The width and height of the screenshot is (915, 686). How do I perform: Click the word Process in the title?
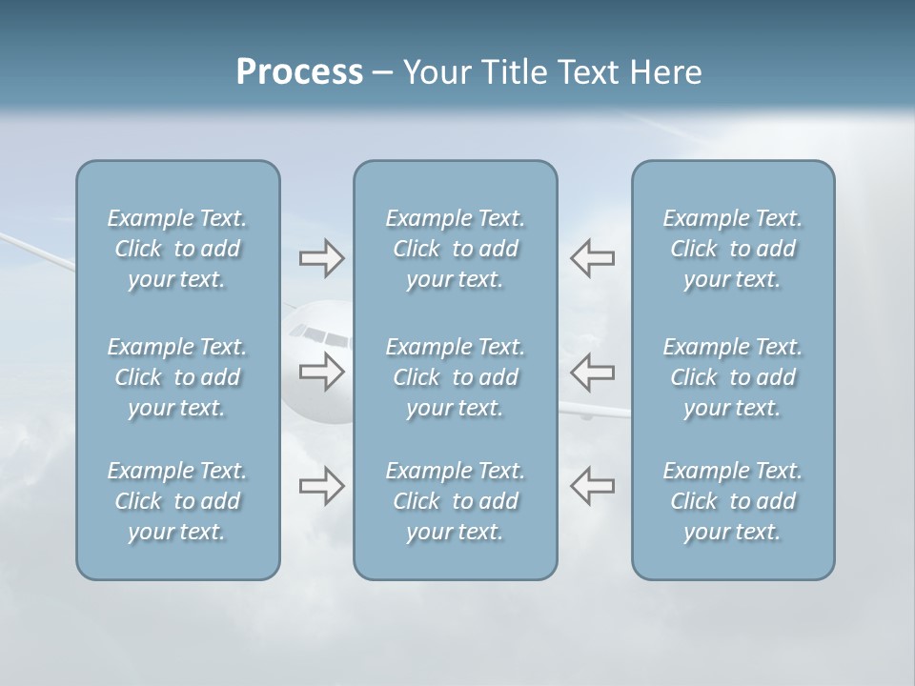[x=299, y=72]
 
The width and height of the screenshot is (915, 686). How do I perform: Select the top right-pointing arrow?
[x=321, y=258]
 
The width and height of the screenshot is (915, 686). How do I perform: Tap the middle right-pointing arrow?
[x=321, y=372]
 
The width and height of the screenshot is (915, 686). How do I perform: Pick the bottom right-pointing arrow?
[x=321, y=486]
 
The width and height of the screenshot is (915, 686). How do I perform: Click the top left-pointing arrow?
[x=592, y=258]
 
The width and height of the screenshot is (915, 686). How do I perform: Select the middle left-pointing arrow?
[x=592, y=372]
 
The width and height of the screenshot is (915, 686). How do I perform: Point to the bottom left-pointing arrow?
[x=592, y=486]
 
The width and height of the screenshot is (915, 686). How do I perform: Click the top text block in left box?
[x=177, y=249]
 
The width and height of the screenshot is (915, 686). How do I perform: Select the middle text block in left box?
[x=177, y=377]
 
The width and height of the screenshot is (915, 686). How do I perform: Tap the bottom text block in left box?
[x=177, y=501]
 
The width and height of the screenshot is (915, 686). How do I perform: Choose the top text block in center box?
[x=455, y=249]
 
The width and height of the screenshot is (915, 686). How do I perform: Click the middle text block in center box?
[x=455, y=377]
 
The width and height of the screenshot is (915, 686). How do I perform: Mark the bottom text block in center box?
[x=455, y=501]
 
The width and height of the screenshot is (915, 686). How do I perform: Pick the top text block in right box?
[x=732, y=249]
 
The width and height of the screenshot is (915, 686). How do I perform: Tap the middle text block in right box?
[x=732, y=377]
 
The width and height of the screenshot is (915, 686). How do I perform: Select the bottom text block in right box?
[x=732, y=501]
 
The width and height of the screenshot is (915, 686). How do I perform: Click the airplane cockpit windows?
[x=318, y=334]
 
